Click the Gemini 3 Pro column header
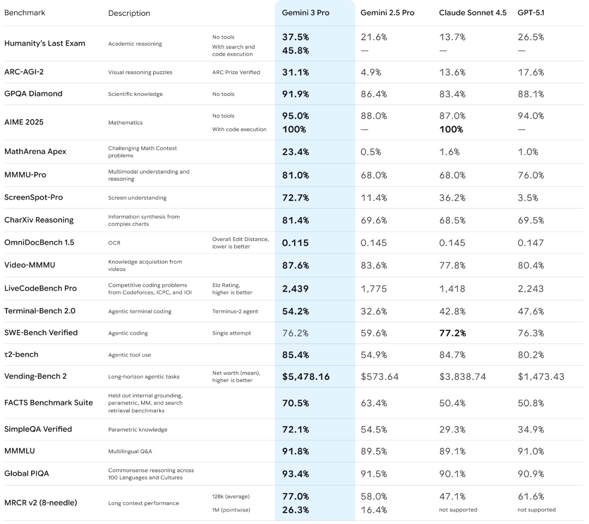(305, 13)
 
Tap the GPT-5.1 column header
(530, 13)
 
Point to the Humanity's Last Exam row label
(45, 44)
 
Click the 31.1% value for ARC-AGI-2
(295, 72)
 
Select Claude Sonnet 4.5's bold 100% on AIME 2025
(452, 129)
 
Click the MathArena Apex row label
(35, 151)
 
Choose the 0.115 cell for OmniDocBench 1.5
(295, 243)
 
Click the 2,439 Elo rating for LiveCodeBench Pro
(295, 289)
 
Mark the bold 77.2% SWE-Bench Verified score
(453, 332)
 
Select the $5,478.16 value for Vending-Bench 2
(306, 376)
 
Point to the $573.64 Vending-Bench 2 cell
(380, 376)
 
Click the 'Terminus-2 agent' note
(235, 311)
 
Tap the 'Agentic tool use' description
(130, 355)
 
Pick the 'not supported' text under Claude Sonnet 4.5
(458, 510)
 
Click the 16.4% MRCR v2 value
(374, 510)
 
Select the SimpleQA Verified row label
(38, 429)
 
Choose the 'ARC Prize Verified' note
(236, 72)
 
